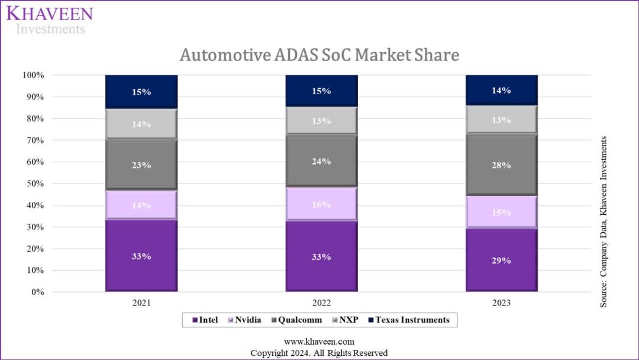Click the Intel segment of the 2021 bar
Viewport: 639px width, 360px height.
click(x=141, y=256)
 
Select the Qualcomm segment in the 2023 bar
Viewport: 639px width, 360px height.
click(x=501, y=165)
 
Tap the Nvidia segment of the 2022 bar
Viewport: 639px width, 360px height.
click(x=321, y=204)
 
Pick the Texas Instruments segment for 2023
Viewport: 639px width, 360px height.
click(x=501, y=91)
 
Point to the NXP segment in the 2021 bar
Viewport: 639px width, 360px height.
click(x=141, y=124)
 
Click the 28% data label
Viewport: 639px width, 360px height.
click(x=501, y=165)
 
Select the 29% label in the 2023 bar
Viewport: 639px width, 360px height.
click(x=501, y=261)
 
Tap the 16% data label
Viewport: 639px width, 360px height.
click(x=321, y=204)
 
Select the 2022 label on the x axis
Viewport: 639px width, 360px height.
click(x=321, y=303)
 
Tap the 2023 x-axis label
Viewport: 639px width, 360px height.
click(x=501, y=303)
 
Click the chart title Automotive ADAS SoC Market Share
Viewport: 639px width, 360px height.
click(x=319, y=55)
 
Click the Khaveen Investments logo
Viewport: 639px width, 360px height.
click(x=50, y=20)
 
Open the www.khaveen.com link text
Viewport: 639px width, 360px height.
click(x=319, y=342)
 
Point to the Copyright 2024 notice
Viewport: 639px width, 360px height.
click(x=319, y=353)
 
